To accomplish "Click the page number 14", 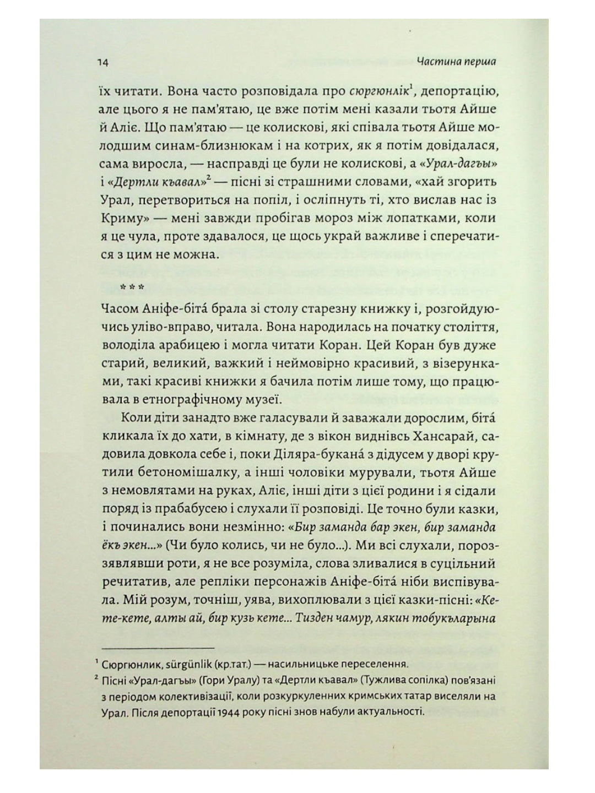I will (103, 62).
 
